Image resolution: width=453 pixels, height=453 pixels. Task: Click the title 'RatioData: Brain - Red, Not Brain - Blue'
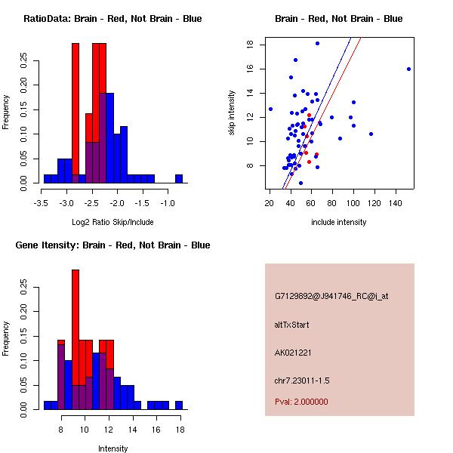(x=112, y=19)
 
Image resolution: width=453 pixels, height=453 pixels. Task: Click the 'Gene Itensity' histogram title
(x=112, y=245)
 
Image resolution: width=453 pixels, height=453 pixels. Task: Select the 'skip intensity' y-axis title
(x=232, y=113)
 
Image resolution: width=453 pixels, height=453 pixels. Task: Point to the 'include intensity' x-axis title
(x=339, y=222)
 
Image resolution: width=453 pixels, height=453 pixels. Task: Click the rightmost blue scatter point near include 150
(x=408, y=69)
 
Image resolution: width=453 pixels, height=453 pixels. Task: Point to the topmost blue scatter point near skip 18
(x=317, y=44)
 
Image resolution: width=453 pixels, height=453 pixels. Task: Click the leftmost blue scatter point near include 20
(x=270, y=109)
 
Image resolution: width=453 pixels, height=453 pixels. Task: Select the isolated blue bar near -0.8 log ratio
(x=179, y=179)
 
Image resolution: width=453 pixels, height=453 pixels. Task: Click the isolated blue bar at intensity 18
(x=179, y=405)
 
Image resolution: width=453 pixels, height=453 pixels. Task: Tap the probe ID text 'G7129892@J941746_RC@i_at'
(x=331, y=297)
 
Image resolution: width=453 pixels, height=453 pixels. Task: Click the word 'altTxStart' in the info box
(x=292, y=325)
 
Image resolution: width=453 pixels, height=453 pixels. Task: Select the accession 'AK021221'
(x=294, y=353)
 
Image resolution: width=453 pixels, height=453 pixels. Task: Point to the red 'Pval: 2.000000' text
(x=301, y=402)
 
